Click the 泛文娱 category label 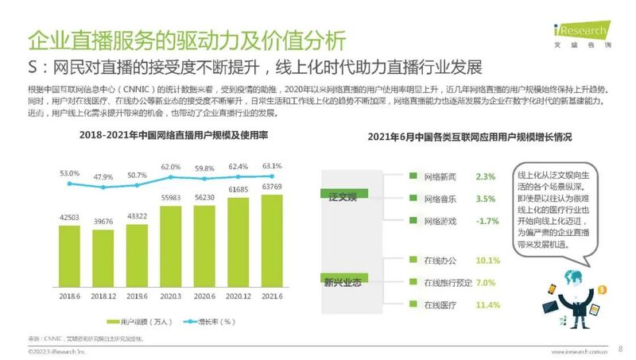tap(343, 195)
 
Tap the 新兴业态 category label tap(343, 281)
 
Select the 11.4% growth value tap(487, 304)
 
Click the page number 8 tap(620, 348)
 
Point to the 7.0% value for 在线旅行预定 tap(486, 282)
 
